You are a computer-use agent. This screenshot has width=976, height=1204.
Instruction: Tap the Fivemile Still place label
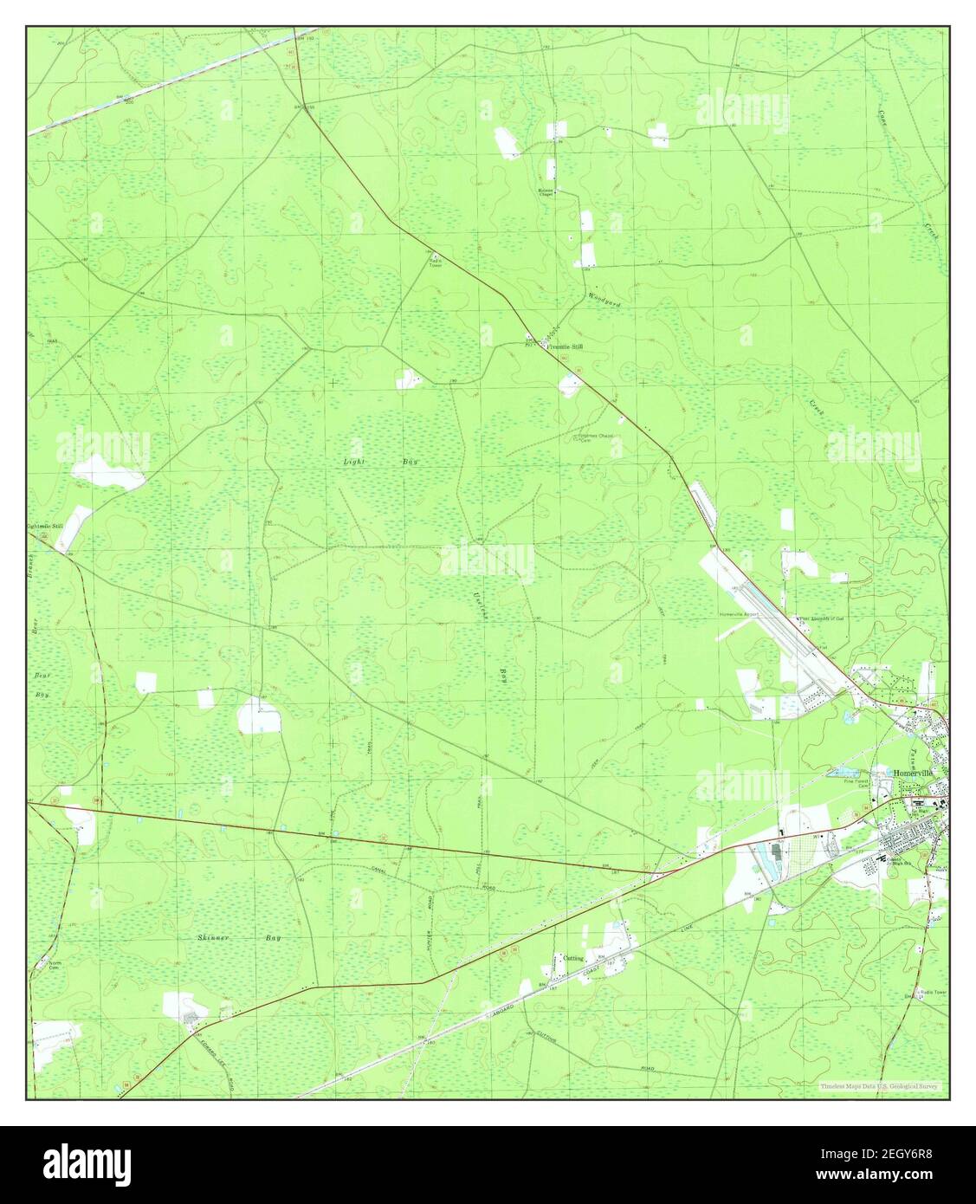click(x=564, y=346)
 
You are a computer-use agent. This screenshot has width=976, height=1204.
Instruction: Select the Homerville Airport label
click(x=739, y=614)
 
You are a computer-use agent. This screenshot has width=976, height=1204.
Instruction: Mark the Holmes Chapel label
click(x=546, y=192)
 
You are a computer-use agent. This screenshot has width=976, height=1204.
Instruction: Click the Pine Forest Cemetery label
click(x=856, y=783)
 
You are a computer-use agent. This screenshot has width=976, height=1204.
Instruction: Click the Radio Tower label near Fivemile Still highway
click(x=435, y=263)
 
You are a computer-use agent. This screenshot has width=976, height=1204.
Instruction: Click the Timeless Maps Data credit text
click(x=882, y=1086)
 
